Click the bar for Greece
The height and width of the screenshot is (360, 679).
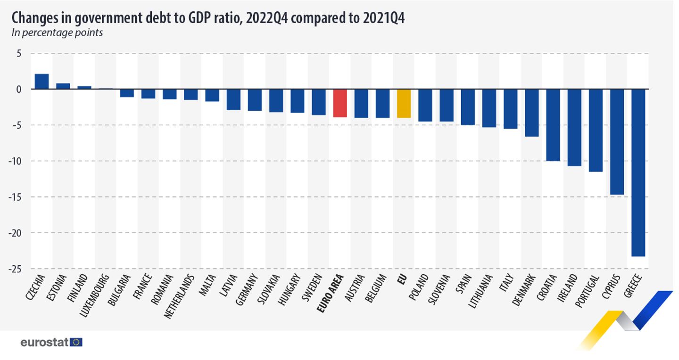[638, 172]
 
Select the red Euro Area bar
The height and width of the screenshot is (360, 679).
[340, 103]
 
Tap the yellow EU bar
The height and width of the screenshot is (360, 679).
[404, 103]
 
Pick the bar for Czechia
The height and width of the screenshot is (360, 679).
[41, 82]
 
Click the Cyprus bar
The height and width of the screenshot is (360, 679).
[617, 141]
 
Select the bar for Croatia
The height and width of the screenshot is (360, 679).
[553, 125]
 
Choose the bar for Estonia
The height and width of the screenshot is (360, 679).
[63, 86]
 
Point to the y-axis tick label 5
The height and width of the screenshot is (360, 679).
[19, 53]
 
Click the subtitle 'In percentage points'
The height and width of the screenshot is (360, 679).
[57, 33]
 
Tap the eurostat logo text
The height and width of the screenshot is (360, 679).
[45, 342]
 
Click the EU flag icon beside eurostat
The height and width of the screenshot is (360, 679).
[76, 342]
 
